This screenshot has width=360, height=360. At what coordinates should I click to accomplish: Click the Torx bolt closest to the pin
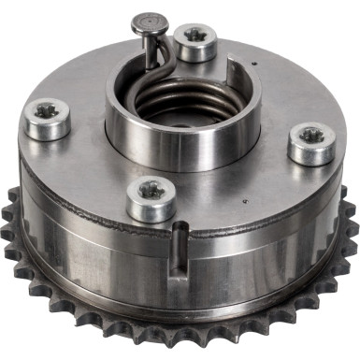pos(196,41)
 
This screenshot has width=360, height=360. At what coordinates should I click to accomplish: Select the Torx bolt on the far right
pos(310,141)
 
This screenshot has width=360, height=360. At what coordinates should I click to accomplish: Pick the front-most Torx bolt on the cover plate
pos(151,197)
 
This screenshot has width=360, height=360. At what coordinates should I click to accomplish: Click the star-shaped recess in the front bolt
pos(151,190)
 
